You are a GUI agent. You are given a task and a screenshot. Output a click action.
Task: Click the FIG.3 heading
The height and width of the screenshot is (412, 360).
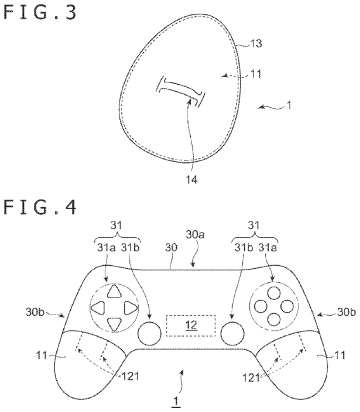coord(40,12)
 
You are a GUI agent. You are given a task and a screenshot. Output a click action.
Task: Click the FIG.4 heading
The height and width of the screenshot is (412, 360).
coord(40,207)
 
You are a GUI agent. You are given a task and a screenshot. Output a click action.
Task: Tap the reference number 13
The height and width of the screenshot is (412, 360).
coord(256,44)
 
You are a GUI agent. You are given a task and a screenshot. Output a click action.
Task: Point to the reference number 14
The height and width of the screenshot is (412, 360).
coord(192,180)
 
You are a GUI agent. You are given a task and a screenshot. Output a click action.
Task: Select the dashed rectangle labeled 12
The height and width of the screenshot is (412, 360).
coord(191,325)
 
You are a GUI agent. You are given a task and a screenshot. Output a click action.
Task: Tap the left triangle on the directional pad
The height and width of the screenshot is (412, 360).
coord(98,308)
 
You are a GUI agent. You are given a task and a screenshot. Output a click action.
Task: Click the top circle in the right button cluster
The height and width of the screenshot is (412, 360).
coord(274,293)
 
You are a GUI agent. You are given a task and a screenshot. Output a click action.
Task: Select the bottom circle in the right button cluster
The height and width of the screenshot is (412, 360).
coord(274,320)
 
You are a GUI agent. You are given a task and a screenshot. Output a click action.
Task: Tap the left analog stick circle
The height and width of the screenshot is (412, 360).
coord(150,333)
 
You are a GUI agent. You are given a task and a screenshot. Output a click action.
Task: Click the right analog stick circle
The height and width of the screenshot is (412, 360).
coord(232,333)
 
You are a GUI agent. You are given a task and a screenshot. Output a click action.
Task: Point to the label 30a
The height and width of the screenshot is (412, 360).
coord(195,235)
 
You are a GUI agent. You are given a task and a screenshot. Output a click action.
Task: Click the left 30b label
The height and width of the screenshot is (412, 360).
coord(35,312)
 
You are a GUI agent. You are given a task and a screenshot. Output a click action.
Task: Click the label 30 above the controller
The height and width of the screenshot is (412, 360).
coord(171,247)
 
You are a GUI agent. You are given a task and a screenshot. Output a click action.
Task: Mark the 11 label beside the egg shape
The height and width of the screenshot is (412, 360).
coord(255,74)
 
